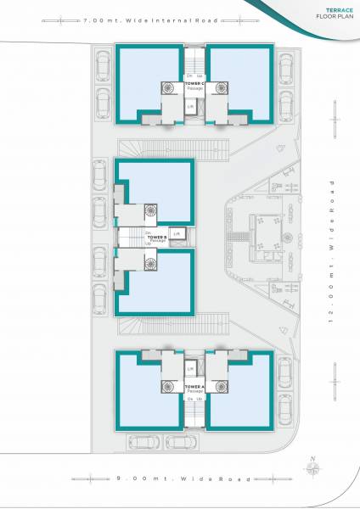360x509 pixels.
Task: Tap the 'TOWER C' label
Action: point(194,83)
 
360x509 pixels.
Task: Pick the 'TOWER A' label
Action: point(194,387)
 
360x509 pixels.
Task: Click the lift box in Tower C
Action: point(191,107)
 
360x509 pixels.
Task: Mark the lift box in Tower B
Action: point(177,233)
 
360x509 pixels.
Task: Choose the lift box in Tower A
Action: point(191,368)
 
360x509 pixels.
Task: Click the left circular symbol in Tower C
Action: point(166,87)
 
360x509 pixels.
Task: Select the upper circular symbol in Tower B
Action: point(151,209)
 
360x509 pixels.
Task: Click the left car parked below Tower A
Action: point(141,442)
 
